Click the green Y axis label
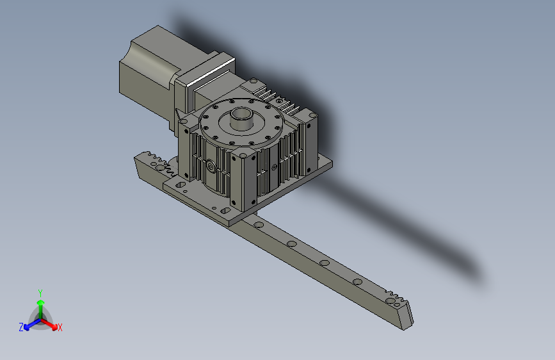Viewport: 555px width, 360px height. pos(40,291)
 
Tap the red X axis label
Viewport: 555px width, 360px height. pos(60,327)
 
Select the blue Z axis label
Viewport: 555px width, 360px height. pos(20,327)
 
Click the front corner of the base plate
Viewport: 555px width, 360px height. pos(233,220)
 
